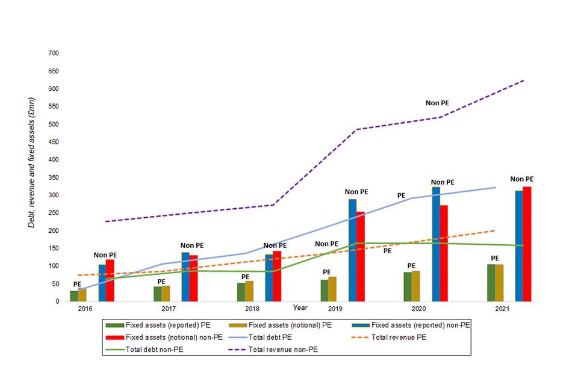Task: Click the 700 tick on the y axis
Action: tap(53, 54)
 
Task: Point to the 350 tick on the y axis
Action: tap(53, 177)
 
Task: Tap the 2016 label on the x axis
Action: tap(84, 309)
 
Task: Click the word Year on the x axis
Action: tap(300, 307)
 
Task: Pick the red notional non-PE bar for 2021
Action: tap(527, 244)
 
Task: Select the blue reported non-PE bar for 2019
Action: tap(352, 250)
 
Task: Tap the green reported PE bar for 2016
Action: tap(74, 296)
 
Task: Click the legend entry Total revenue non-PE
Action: tap(282, 350)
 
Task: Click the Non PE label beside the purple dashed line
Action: tap(437, 103)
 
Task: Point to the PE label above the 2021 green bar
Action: tap(495, 258)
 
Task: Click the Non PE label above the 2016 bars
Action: tap(105, 255)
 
